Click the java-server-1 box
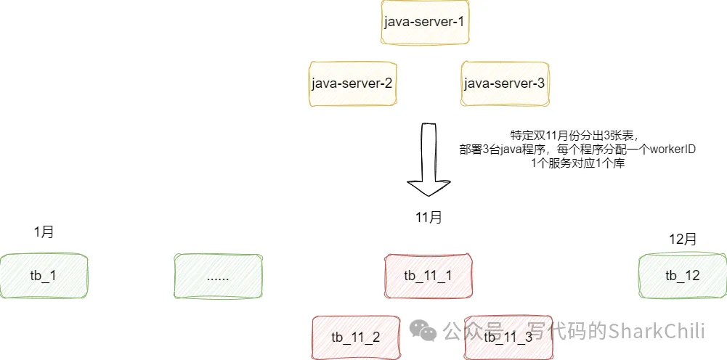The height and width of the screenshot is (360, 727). pyautogui.click(x=424, y=22)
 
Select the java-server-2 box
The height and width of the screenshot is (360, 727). pyautogui.click(x=352, y=83)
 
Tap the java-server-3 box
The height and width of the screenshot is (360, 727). pyautogui.click(x=504, y=83)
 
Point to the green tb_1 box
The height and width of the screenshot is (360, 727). pyautogui.click(x=44, y=276)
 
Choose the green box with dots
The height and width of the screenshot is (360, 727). pyautogui.click(x=218, y=277)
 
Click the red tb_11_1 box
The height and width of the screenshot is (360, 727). pyautogui.click(x=428, y=276)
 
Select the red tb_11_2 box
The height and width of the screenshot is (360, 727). pyautogui.click(x=355, y=337)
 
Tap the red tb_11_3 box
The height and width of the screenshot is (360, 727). pyautogui.click(x=508, y=337)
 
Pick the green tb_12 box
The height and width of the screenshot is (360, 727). pyautogui.click(x=682, y=276)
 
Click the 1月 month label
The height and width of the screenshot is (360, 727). pyautogui.click(x=44, y=232)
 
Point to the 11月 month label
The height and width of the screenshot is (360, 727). pyautogui.click(x=428, y=217)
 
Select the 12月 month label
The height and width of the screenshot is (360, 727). pyautogui.click(x=682, y=239)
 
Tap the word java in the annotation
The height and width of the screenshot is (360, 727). pyautogui.click(x=508, y=150)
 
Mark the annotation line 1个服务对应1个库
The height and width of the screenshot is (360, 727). pyautogui.click(x=578, y=163)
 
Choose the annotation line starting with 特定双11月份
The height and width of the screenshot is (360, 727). pyautogui.click(x=574, y=136)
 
